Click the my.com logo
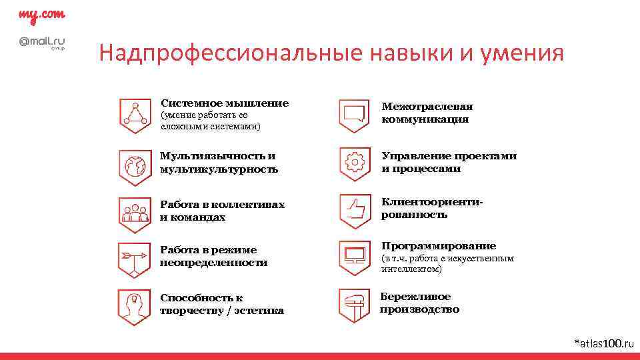point(41,15)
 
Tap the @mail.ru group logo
point(41,43)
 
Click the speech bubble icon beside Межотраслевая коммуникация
point(354,114)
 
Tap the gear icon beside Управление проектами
point(354,162)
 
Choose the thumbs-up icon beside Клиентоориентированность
point(354,210)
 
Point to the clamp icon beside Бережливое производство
point(354,305)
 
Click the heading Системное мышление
point(225,103)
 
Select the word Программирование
point(439,246)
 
